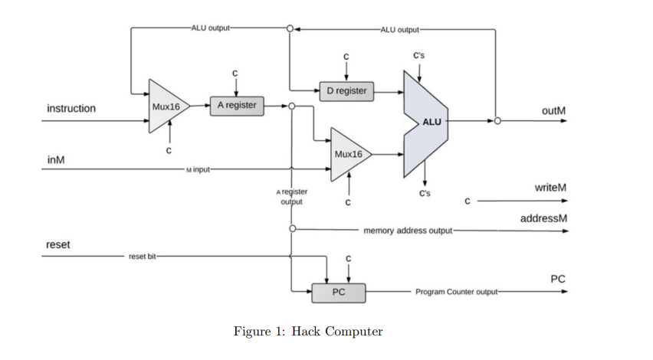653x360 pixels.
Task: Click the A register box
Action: click(x=237, y=106)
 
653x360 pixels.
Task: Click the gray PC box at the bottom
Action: click(x=338, y=292)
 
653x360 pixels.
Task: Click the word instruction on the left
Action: click(x=71, y=108)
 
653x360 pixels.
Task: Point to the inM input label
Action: click(x=56, y=159)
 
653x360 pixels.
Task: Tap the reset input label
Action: click(x=58, y=245)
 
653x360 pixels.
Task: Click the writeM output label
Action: click(x=551, y=188)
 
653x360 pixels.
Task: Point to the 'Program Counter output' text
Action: click(x=455, y=292)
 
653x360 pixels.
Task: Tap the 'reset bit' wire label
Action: click(x=143, y=255)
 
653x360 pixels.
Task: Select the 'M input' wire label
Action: click(x=198, y=169)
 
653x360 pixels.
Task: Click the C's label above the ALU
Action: click(x=420, y=56)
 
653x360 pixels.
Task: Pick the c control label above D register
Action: click(x=346, y=56)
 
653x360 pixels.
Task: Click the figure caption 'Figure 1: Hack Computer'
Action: click(x=308, y=332)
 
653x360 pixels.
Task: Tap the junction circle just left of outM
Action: click(x=497, y=121)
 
